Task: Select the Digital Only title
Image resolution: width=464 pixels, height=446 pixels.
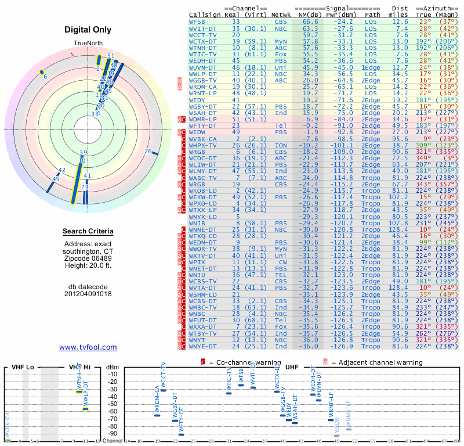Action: (x=88, y=30)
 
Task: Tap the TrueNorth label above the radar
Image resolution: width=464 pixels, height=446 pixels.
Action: (x=88, y=44)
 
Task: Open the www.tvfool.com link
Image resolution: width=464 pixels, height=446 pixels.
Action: (x=88, y=347)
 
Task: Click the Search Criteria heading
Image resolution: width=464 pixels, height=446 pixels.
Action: (x=88, y=232)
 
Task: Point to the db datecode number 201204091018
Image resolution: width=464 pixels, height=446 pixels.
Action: (x=88, y=293)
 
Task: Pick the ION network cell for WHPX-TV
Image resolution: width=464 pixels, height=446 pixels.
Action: (x=280, y=145)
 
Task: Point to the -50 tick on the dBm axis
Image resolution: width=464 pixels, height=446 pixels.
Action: (x=112, y=404)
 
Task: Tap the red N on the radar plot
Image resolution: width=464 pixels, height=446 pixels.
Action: (x=72, y=55)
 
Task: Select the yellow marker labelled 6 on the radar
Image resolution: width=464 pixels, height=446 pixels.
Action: (x=42, y=72)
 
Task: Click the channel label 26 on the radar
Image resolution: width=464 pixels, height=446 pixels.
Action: (x=148, y=152)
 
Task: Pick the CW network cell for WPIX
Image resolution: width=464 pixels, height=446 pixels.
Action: (x=280, y=262)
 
